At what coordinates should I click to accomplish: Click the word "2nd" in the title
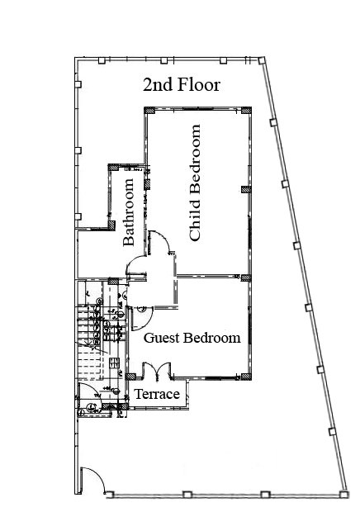[158, 85]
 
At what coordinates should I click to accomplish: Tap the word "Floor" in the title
[199, 84]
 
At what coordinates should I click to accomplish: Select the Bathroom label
[129, 211]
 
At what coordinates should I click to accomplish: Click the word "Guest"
[162, 338]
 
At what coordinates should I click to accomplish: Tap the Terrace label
[157, 394]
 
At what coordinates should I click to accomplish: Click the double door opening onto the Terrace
[157, 372]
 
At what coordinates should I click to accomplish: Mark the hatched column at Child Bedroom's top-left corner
[149, 111]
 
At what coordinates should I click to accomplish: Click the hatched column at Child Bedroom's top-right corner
[246, 111]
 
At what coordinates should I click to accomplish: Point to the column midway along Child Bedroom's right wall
[246, 189]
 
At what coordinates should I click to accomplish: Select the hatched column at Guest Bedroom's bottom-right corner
[246, 377]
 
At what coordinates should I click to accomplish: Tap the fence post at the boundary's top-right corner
[262, 61]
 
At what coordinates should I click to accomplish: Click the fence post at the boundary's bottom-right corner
[343, 495]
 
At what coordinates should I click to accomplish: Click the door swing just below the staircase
[90, 391]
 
